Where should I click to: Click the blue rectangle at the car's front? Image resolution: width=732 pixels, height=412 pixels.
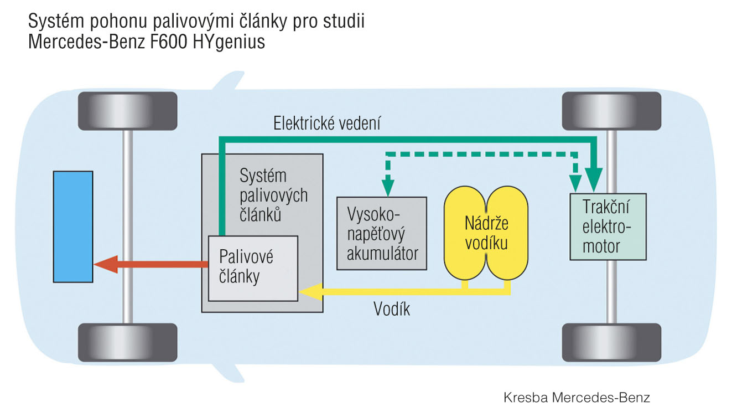72,226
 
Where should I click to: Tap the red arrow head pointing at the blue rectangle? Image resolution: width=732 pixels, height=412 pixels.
105,264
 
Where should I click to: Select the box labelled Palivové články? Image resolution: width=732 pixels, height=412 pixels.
252,268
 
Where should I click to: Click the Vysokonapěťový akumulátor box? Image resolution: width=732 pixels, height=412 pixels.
381,233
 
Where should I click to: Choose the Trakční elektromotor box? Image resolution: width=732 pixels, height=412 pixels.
608,228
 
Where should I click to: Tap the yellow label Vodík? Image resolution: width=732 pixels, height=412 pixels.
391,309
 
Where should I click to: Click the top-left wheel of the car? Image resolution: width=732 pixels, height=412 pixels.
127,111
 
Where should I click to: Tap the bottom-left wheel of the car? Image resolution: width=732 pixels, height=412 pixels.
127,342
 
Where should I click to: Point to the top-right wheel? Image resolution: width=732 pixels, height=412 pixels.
611,111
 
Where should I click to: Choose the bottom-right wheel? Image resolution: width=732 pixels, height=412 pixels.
611,342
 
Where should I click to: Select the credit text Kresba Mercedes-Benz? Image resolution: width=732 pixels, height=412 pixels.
577,397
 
